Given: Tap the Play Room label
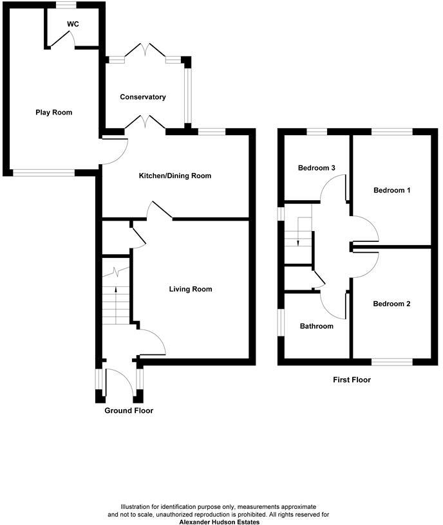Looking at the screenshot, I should coord(53,113).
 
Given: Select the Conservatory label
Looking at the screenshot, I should coord(143,97).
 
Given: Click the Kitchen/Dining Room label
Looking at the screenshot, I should coord(175,176).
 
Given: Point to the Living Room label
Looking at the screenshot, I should coord(190,290).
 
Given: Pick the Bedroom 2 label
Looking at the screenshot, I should coord(391,304).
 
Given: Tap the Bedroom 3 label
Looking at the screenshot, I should coord(317,168).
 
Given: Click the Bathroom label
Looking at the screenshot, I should coord(317,326).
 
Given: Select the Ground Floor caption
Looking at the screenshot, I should coord(129,410).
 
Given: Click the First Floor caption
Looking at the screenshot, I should coord(352,380).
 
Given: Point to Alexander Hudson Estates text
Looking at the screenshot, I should coord(220,522).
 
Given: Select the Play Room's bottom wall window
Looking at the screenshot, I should coord(44,172).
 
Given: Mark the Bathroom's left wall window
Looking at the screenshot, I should coord(281,322).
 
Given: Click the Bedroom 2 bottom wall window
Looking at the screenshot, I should coord(392,362).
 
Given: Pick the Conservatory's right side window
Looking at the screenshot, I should coord(187,95).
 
